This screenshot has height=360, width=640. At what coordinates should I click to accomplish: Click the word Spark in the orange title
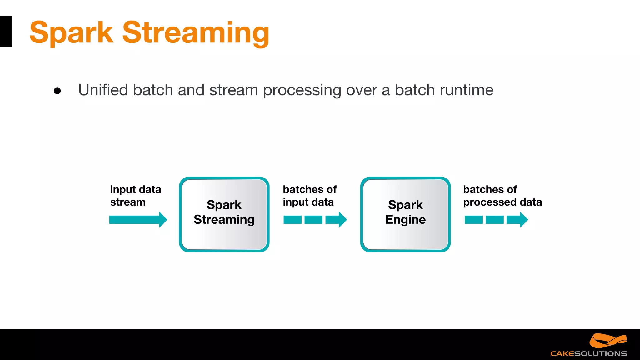pyautogui.click(x=71, y=32)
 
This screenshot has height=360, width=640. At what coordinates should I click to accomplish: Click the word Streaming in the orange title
pyautogui.click(x=196, y=32)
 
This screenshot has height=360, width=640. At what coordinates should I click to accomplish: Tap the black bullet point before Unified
pyautogui.click(x=57, y=91)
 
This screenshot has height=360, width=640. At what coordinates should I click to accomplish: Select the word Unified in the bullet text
pyautogui.click(x=103, y=90)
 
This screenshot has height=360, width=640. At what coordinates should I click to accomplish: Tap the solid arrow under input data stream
pyautogui.click(x=138, y=220)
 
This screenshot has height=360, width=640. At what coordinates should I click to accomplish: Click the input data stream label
pyautogui.click(x=135, y=196)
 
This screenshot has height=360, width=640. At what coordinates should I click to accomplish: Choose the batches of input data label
pyautogui.click(x=309, y=196)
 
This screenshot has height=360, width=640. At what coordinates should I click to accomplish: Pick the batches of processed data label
pyautogui.click(x=502, y=196)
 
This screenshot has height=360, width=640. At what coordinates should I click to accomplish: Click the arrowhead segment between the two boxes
pyautogui.click(x=336, y=220)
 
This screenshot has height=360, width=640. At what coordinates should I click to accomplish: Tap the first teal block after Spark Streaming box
pyautogui.click(x=292, y=220)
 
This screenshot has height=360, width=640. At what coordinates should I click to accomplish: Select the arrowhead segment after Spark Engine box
pyautogui.click(x=517, y=220)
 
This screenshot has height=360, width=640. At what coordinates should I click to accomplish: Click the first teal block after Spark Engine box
pyautogui.click(x=473, y=220)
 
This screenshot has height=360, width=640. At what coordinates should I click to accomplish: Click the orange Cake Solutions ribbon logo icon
pyautogui.click(x=607, y=341)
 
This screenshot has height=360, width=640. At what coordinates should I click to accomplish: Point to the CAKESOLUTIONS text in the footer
pyautogui.click(x=588, y=354)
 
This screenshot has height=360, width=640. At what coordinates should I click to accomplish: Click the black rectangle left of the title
pyautogui.click(x=6, y=32)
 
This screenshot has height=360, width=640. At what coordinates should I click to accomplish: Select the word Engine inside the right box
pyautogui.click(x=405, y=220)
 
